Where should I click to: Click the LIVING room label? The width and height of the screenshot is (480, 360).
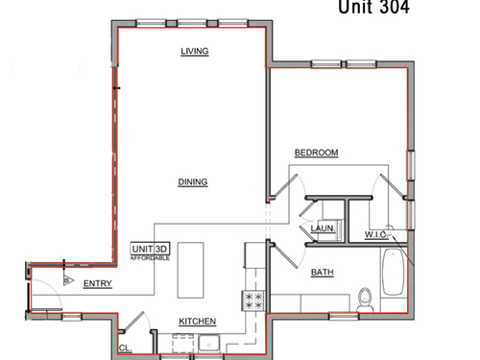(195, 51)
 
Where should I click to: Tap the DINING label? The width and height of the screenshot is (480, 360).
(193, 181)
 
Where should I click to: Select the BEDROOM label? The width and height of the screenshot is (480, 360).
(316, 153)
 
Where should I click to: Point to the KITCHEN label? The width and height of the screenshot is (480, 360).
(197, 322)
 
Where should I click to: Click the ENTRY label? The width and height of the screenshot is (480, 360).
(98, 283)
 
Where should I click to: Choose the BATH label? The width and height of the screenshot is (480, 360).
(323, 273)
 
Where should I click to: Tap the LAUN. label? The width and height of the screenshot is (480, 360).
(323, 228)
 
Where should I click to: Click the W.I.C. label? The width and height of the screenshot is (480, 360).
(376, 234)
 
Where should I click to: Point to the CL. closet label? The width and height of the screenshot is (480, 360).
(126, 348)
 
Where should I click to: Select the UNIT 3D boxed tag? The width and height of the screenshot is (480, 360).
(150, 249)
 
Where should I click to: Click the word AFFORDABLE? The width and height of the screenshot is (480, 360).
(150, 258)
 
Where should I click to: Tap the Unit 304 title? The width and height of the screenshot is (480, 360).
(373, 7)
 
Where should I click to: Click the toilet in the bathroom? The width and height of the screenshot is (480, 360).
(365, 300)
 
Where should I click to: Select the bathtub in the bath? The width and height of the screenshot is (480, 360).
(394, 272)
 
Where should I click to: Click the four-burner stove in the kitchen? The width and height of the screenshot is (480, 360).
(253, 300)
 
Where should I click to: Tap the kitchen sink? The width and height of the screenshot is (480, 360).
(208, 344)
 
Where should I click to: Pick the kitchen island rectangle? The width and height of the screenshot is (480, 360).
(190, 270)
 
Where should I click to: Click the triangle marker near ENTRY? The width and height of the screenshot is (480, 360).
(68, 280)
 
